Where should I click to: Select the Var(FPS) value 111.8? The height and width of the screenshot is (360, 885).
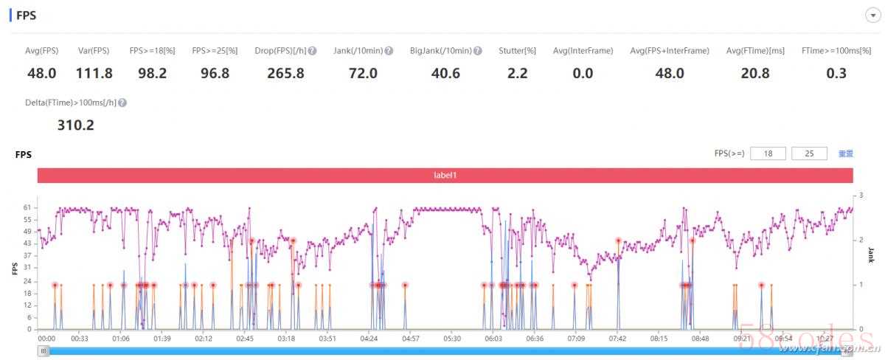(x=94, y=73)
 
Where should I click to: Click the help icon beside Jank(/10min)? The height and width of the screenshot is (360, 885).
(x=389, y=51)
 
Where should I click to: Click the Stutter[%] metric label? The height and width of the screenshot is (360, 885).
(x=517, y=51)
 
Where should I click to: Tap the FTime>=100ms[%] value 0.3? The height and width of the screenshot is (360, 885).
(x=836, y=73)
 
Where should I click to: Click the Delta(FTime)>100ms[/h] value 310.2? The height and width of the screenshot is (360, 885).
(x=76, y=125)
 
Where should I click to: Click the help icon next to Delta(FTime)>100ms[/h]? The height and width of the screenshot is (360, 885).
(x=122, y=103)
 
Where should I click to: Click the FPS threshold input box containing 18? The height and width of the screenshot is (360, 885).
(x=768, y=153)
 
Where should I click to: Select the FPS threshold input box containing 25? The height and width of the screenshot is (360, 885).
(x=810, y=153)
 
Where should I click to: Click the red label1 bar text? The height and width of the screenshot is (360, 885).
(x=445, y=176)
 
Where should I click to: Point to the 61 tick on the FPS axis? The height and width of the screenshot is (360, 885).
(x=27, y=208)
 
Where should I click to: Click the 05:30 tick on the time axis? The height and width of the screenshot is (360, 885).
(x=453, y=339)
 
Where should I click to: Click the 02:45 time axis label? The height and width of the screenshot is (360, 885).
(x=245, y=339)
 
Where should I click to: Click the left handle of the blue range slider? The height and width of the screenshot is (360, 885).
(x=44, y=351)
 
